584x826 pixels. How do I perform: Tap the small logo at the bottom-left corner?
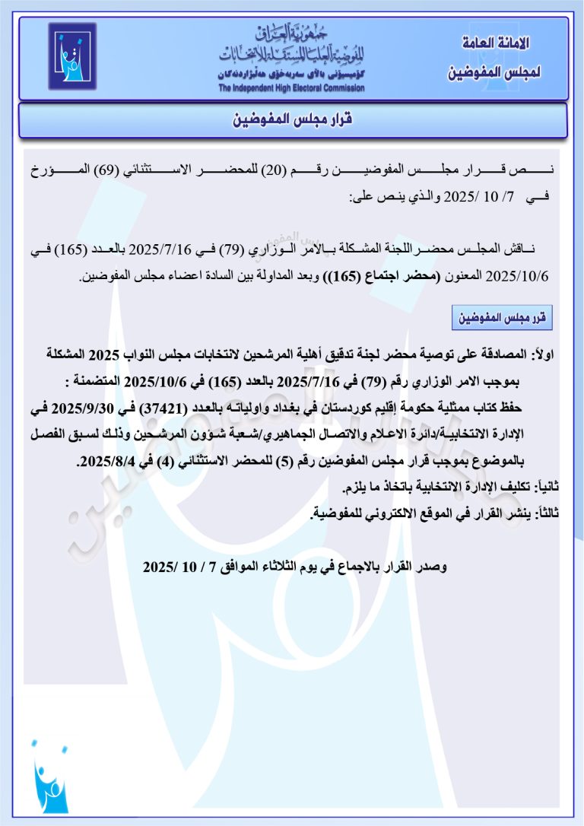pos(49,777)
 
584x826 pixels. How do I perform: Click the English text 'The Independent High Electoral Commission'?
pos(291,88)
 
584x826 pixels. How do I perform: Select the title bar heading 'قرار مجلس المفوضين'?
pos(292,120)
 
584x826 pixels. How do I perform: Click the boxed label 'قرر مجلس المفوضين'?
pos(501,318)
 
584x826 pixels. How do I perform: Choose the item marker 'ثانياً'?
pos(549,486)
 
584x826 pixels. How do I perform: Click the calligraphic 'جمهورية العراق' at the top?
pos(292,34)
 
